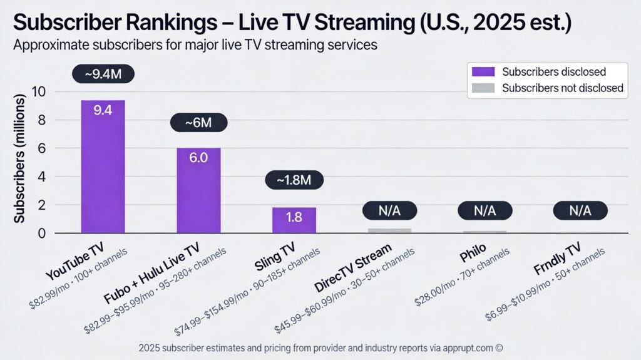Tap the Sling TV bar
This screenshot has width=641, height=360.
tap(294, 220)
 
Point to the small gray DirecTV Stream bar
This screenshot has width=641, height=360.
tap(389, 230)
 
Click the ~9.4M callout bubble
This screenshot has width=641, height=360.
tap(103, 74)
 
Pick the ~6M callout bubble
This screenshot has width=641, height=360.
tap(198, 123)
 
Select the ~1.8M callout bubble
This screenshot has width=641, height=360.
tap(294, 180)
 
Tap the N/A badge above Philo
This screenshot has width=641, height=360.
tap(485, 210)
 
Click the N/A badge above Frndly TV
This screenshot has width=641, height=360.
tap(580, 210)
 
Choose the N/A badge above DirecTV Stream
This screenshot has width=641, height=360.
tap(389, 210)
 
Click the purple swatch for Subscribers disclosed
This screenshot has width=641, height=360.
tap(485, 71)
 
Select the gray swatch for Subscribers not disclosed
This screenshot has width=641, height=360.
tap(485, 88)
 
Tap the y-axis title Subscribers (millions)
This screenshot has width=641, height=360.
tap(20, 160)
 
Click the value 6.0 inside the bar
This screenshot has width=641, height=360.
tap(198, 158)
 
